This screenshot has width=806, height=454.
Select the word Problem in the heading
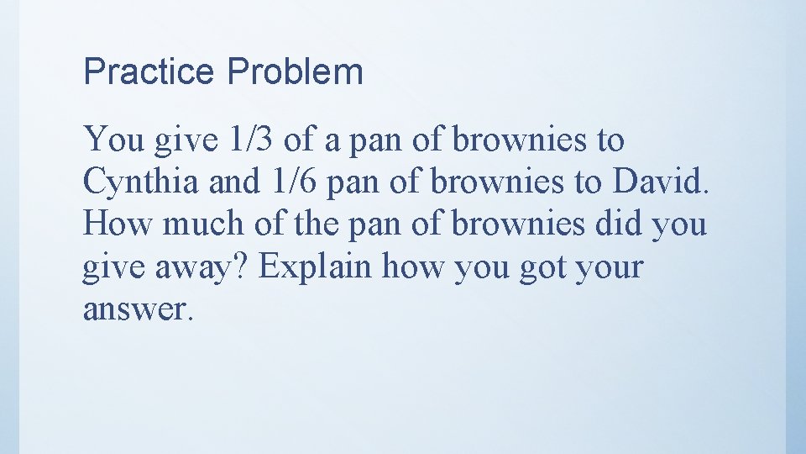coord(295,72)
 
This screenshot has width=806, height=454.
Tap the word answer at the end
coord(136,309)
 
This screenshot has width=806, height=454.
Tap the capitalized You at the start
coord(114,140)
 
